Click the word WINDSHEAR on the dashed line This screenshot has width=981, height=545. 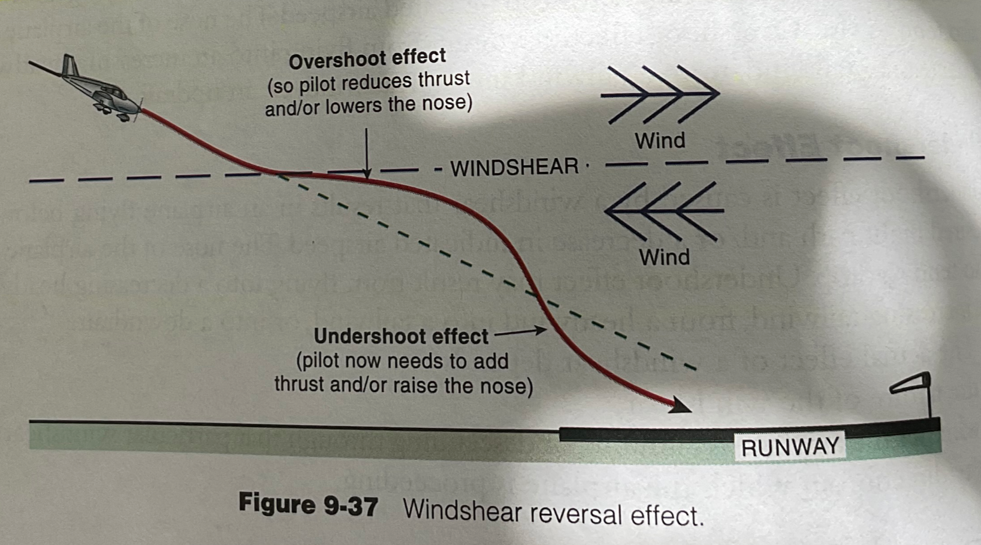[x=514, y=167]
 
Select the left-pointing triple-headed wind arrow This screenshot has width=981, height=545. [x=664, y=211]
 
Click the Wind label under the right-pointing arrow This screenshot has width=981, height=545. [x=660, y=141]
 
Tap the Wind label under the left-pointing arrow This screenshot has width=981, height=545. [x=664, y=257]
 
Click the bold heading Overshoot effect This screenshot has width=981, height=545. [x=367, y=59]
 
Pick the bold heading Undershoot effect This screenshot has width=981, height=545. [x=401, y=336]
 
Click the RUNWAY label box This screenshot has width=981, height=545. [x=790, y=447]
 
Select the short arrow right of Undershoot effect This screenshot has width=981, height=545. [x=520, y=331]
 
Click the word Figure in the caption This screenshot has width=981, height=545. [x=276, y=503]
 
